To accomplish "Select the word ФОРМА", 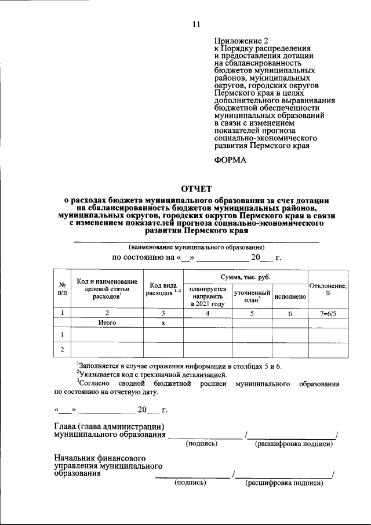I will tap(230, 160).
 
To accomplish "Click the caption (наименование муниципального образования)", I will tap(197, 247).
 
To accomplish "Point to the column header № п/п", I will tap(61, 289).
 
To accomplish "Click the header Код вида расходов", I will tap(164, 289).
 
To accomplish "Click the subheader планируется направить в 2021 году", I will tap(207, 296).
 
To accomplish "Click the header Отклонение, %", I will tap(328, 289).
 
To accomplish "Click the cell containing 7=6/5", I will tap(328, 313).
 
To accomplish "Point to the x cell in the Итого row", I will tap(164, 323).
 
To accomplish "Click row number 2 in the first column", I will tap(61, 349).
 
